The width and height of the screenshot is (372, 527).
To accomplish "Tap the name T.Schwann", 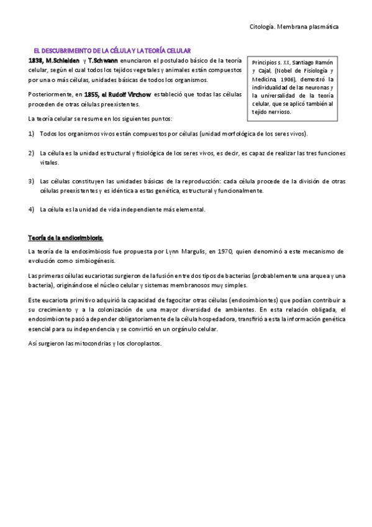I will [103, 60].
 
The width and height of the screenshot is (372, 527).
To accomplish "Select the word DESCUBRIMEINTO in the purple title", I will [66, 48].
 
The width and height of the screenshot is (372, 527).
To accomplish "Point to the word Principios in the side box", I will [265, 63].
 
